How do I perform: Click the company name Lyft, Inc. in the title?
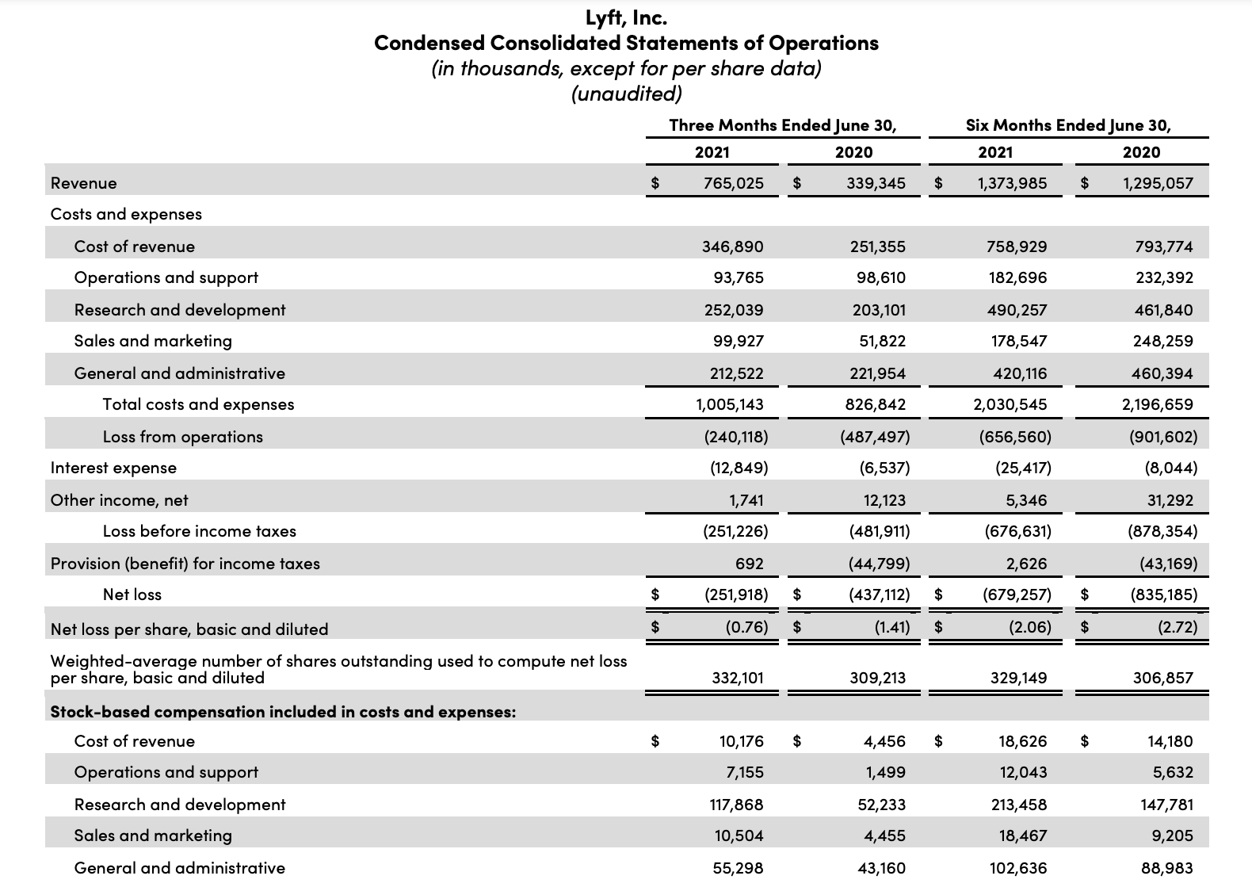626,17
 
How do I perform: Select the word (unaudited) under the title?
626,94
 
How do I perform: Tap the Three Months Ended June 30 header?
782,125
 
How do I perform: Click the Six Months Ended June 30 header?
1068,125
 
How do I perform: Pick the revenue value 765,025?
734,183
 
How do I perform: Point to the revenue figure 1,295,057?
1158,183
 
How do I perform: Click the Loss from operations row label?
182,437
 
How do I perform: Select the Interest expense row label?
113,468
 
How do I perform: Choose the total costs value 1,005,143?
729,404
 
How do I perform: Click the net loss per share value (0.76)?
746,627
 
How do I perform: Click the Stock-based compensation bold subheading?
283,712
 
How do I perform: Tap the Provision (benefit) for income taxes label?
185,564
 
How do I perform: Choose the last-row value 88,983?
1166,868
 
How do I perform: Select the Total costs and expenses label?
198,404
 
